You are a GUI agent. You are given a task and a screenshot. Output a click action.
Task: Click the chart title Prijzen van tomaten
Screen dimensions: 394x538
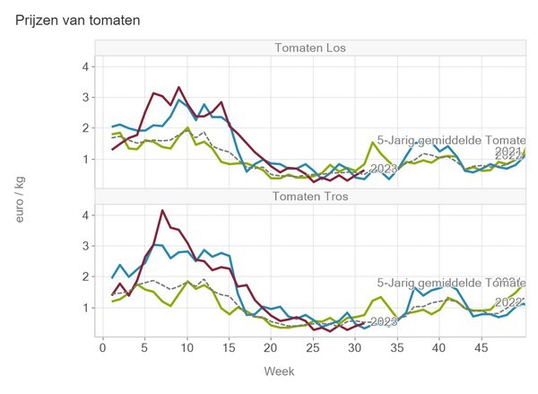[x=78, y=19]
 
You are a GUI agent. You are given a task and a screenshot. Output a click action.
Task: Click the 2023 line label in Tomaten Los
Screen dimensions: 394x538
[x=383, y=169]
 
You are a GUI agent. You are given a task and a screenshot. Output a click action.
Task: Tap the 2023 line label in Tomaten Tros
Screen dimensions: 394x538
[x=383, y=320]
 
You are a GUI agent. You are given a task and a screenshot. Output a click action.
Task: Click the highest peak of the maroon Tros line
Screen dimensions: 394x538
[x=161, y=210]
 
